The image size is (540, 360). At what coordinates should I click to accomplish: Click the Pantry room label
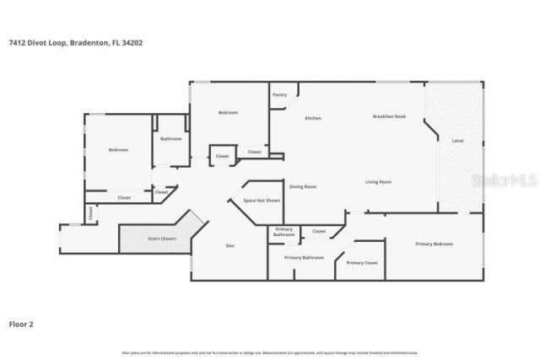click(280, 94)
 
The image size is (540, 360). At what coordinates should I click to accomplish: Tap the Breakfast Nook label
click(390, 116)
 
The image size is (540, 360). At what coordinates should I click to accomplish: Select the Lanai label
click(458, 141)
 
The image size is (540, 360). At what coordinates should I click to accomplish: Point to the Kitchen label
click(313, 118)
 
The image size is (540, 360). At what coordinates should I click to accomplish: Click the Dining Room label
click(303, 186)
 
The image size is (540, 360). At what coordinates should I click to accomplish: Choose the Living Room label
click(378, 182)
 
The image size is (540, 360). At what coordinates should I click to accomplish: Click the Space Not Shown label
click(262, 201)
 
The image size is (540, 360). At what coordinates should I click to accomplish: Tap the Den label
click(229, 245)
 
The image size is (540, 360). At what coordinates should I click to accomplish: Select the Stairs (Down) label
click(162, 239)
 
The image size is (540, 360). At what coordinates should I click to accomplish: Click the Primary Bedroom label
click(434, 244)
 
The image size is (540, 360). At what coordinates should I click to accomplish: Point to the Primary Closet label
click(362, 263)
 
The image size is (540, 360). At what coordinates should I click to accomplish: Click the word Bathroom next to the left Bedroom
click(171, 138)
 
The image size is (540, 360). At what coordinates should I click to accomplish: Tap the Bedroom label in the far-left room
click(118, 150)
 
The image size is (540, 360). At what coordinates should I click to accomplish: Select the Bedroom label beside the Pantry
click(229, 112)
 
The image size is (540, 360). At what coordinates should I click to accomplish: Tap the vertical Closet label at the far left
click(91, 214)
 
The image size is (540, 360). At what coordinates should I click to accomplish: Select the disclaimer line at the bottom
click(270, 352)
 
